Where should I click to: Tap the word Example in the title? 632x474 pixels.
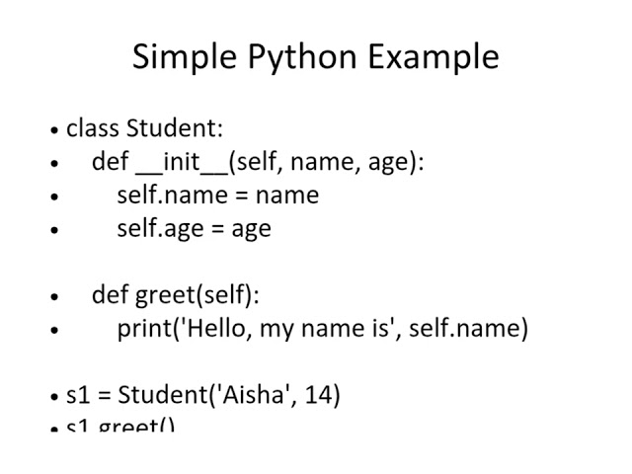pos(434,56)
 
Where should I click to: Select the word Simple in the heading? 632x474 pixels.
pos(178,56)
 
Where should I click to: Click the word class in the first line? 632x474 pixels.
pos(93,128)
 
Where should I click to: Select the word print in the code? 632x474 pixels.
pos(144,328)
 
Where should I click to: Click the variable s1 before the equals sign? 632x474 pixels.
pos(78,395)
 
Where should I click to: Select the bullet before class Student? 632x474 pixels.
pos(54,129)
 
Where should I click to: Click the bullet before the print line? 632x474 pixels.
pos(54,329)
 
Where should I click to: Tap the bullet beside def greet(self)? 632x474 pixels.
pos(54,295)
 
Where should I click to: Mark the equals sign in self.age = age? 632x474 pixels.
pos(218,229)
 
